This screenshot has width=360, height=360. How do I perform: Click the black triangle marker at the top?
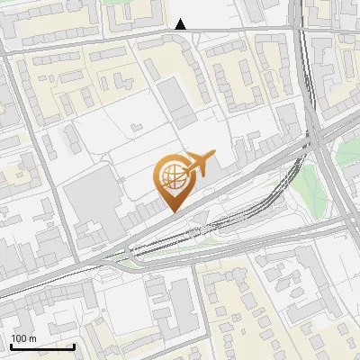[x=181, y=24]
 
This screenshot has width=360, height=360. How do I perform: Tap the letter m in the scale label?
[x=33, y=338]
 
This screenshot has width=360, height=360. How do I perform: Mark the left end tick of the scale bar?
[x=11, y=346]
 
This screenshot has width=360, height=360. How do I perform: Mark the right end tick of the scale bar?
[x=74, y=346]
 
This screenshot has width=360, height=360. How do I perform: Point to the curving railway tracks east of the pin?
[x=286, y=180]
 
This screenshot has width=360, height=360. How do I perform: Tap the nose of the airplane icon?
[x=214, y=155]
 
